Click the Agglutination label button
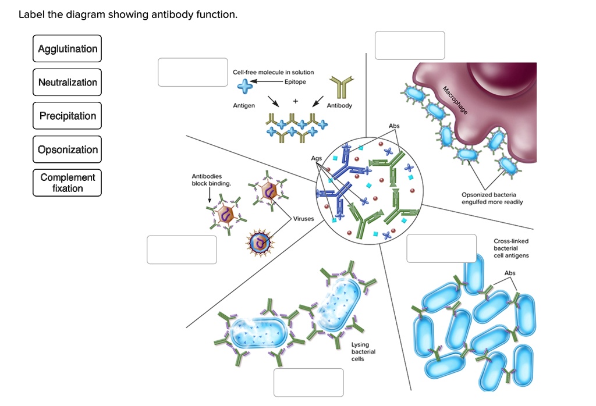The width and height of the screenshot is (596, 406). click(68, 49)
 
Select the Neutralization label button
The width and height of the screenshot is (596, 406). click(68, 82)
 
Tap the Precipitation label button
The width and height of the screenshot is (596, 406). click(68, 116)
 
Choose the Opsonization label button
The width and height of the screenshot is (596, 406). click(68, 149)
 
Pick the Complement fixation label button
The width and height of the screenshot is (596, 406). click(68, 183)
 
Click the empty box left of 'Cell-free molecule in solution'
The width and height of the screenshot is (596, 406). click(193, 72)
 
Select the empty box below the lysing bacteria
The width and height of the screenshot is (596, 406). click(308, 382)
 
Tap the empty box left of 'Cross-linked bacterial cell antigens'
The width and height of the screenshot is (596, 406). click(441, 248)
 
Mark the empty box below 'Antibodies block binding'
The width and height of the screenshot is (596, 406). click(182, 250)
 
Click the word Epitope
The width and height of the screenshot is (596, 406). click(295, 82)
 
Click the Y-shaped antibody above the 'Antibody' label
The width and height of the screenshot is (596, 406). click(338, 87)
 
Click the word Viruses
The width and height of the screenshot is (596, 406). click(303, 219)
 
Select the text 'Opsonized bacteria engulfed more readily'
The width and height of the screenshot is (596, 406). click(492, 198)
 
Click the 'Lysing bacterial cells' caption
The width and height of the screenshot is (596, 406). click(363, 351)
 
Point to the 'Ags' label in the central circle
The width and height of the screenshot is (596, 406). click(317, 158)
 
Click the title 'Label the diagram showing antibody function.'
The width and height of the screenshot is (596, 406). click(128, 15)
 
